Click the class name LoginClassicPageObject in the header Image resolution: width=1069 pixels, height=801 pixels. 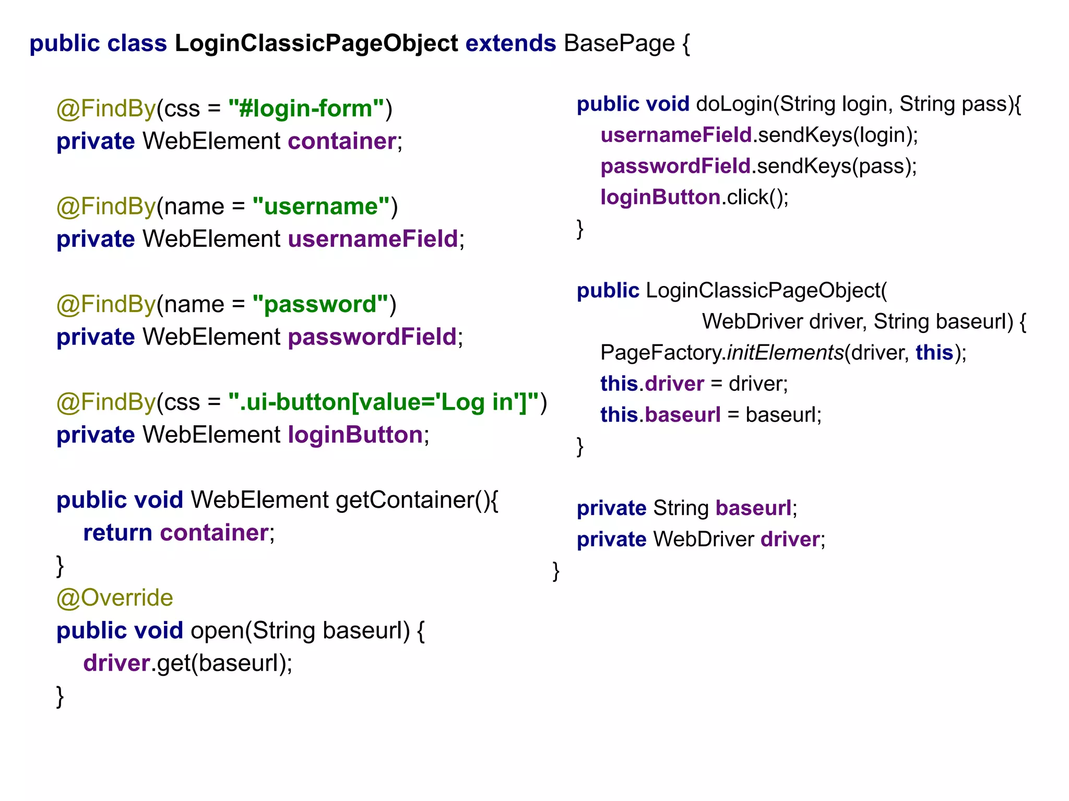(316, 43)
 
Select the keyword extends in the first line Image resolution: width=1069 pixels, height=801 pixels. (510, 43)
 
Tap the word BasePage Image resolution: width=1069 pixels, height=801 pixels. (619, 43)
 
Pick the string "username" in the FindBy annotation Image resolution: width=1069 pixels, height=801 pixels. (321, 207)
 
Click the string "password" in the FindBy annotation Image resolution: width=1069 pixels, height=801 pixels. (320, 304)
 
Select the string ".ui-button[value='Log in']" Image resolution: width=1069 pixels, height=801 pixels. (384, 402)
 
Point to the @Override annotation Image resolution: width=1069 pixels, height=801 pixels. (114, 598)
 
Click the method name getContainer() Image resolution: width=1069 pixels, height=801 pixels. (417, 500)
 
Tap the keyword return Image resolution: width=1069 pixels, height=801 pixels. (117, 533)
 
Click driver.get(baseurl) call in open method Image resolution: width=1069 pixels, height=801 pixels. (187, 663)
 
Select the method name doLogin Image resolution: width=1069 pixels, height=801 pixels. (734, 104)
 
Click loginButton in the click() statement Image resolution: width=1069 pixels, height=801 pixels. (660, 197)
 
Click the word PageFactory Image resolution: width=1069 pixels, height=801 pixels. (661, 353)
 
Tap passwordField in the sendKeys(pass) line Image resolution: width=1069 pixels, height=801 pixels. (675, 166)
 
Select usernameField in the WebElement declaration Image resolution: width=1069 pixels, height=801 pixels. (373, 239)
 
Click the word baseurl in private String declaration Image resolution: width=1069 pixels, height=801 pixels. (753, 508)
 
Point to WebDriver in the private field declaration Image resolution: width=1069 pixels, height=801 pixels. (703, 540)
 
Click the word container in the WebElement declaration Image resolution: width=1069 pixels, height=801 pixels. (342, 141)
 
